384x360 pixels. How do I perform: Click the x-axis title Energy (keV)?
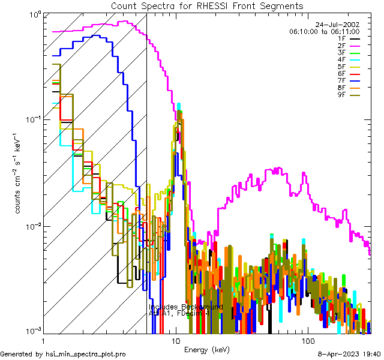[x=206, y=350]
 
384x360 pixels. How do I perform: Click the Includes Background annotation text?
[x=185, y=307]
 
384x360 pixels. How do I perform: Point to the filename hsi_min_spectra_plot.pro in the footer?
[x=85, y=355]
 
